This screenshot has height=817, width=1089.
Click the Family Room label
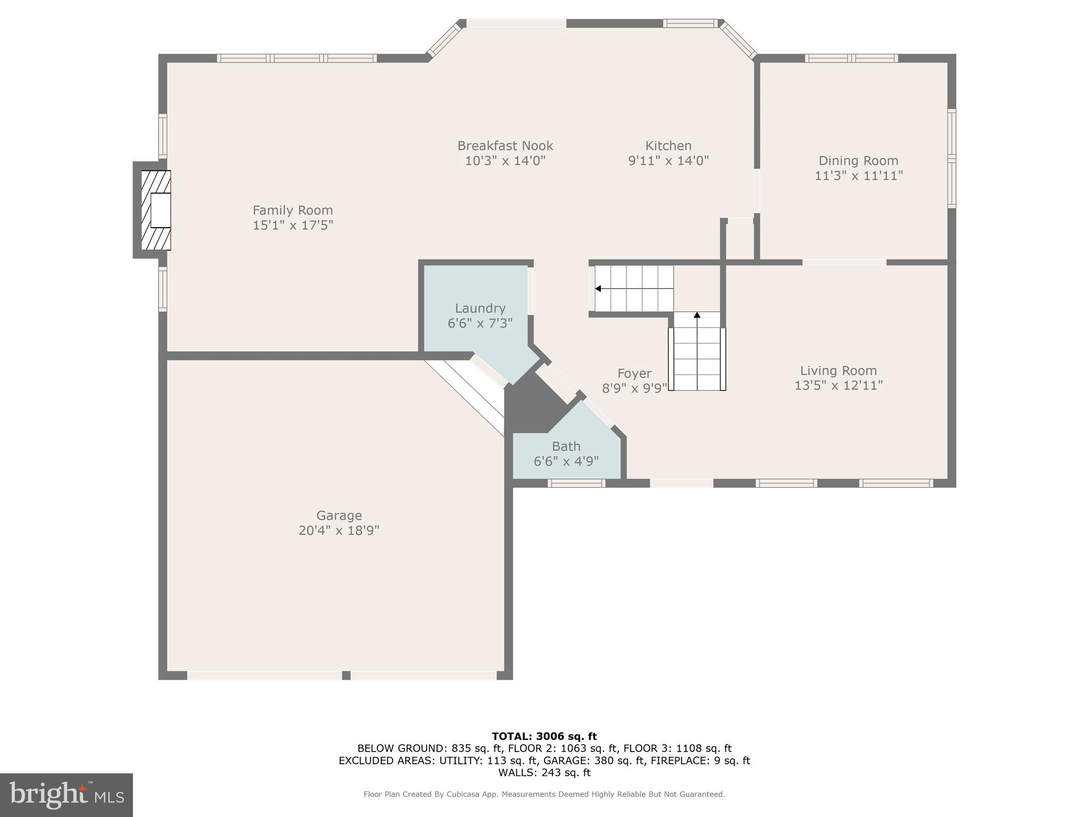coord(292,210)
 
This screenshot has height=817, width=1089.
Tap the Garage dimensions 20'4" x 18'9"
coord(339,530)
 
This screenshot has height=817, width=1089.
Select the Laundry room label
coord(480,309)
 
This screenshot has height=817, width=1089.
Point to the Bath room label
coord(566,446)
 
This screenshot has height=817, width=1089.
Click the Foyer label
coord(634,373)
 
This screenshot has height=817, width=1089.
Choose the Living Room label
coord(838,371)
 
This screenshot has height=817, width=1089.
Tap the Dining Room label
coord(858,161)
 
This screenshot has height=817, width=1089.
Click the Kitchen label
coord(668,146)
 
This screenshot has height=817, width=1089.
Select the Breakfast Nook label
coord(505,146)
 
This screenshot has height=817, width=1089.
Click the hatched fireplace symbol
coord(156,210)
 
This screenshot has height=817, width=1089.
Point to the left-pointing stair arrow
coord(598,289)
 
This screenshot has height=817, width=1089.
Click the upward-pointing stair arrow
coord(697,315)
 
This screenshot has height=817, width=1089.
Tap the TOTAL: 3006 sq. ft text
coord(544,736)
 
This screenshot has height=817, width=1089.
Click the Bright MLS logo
coord(66,795)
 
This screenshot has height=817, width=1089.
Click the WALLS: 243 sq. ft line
coord(544,772)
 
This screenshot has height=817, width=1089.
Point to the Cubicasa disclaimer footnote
coord(544,794)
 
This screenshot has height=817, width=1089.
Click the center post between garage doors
coord(346,675)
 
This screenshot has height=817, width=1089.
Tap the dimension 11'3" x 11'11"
coord(858,176)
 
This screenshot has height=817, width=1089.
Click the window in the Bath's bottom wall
coord(576,483)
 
